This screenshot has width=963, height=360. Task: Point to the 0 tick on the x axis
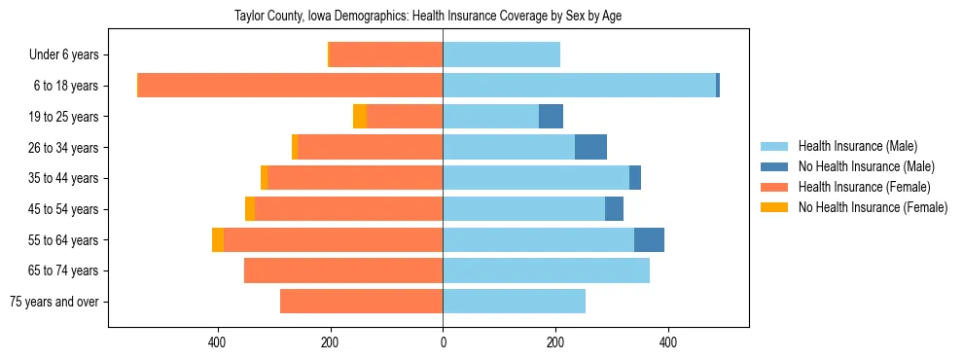pos(443,342)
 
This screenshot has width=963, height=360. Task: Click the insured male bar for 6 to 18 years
pos(579,86)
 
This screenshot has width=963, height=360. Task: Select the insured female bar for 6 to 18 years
pos(290,86)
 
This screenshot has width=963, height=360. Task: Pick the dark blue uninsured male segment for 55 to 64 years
pos(649,239)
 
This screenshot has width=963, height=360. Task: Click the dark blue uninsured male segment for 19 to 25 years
pos(551,117)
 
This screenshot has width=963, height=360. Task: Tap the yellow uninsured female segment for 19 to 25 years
pos(360,117)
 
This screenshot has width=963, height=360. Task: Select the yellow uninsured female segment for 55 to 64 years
pos(218,239)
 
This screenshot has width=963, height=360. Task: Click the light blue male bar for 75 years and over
pos(514,302)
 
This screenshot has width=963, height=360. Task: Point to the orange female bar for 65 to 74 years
pos(343,270)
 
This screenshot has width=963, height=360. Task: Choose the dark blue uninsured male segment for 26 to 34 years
pos(590,147)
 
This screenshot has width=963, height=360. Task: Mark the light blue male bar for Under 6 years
pos(501,55)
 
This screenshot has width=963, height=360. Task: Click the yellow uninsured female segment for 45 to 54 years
pos(250,209)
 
